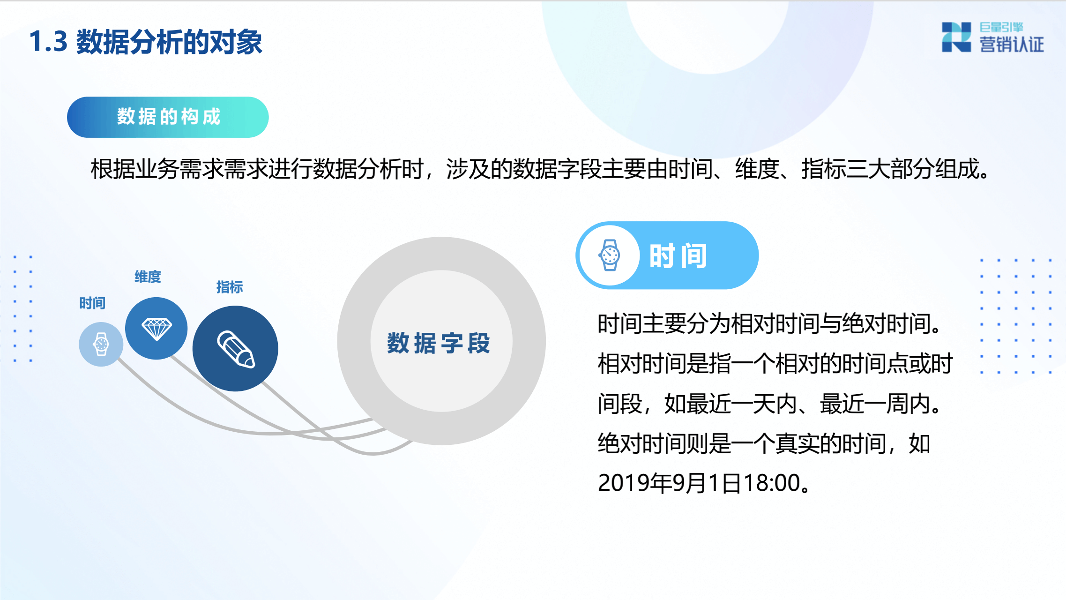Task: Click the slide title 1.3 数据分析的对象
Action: point(146,42)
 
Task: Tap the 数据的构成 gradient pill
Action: point(168,117)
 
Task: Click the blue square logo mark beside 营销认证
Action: point(956,37)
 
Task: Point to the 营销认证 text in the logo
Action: point(1011,45)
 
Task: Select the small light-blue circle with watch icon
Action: point(101,344)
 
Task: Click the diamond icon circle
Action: point(157,328)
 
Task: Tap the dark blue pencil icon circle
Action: point(235,349)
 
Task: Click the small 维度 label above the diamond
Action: point(148,277)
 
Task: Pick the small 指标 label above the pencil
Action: point(230,287)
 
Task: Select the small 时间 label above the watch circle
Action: point(92,303)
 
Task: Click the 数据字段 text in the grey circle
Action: point(439,343)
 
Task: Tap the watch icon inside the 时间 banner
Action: point(610,255)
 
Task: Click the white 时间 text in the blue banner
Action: point(678,256)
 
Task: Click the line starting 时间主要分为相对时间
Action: point(768,324)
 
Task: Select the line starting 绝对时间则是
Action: point(764,443)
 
